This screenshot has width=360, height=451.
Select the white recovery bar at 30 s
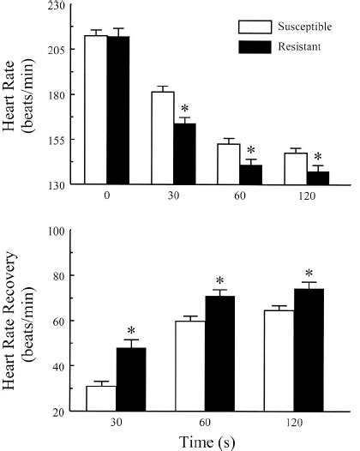(x=101, y=399)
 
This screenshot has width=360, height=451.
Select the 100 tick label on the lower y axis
(x=58, y=230)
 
